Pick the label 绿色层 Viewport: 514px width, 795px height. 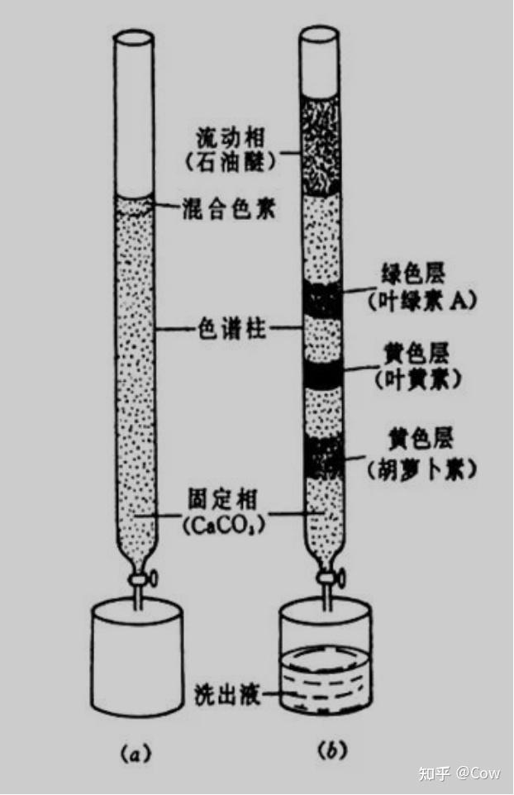[x=414, y=276]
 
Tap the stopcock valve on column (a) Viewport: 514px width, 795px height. [x=136, y=581]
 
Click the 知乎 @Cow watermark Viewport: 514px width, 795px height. [x=459, y=774]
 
